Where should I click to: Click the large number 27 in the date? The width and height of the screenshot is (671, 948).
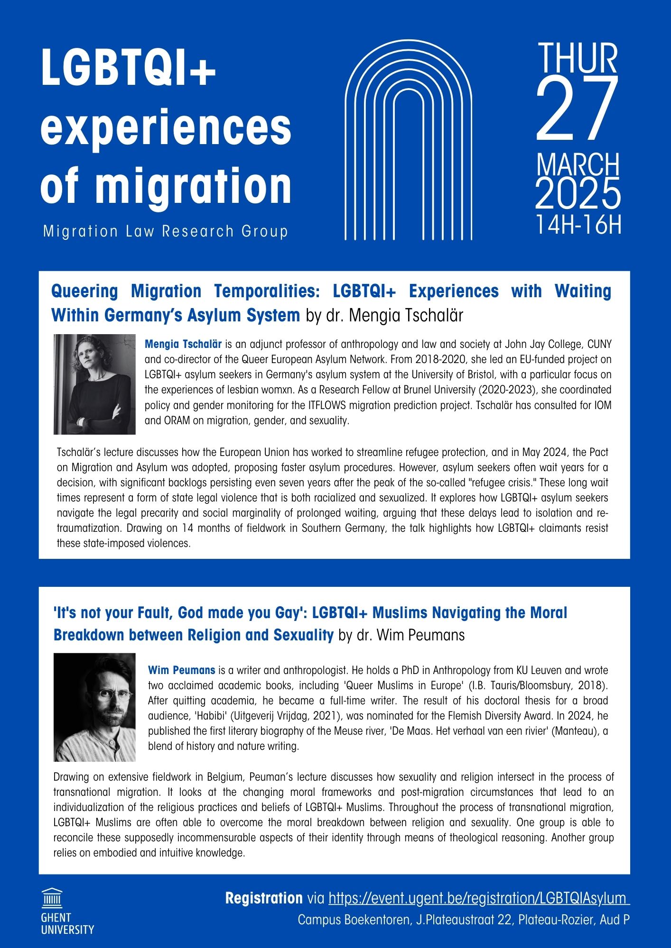578,110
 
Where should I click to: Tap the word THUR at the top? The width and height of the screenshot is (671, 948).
578,58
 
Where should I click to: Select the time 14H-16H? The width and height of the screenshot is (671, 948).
578,225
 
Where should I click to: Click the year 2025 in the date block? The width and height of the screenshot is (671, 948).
578,194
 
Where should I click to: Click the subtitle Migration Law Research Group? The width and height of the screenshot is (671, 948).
166,231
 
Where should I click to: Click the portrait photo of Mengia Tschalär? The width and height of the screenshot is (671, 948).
94,384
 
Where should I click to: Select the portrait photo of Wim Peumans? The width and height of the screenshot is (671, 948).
94,707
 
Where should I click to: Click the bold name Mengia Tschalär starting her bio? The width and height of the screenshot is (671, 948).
183,344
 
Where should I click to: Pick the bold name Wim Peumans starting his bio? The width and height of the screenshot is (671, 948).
182,670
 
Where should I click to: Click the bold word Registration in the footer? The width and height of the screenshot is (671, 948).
264,898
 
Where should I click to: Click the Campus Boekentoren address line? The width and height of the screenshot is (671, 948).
463,920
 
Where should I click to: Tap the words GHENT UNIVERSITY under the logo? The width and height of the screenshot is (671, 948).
67,924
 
